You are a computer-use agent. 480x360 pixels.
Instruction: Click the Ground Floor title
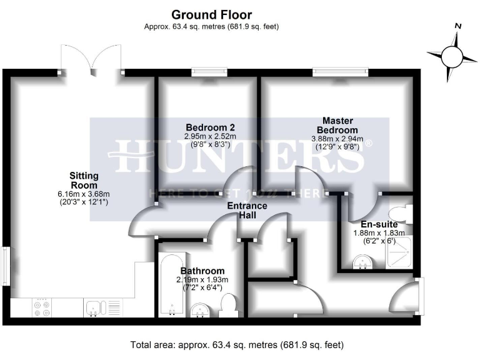[212, 14]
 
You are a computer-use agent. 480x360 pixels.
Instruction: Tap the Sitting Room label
[83, 181]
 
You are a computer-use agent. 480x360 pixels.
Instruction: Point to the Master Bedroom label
[337, 125]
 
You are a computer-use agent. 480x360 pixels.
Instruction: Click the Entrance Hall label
[247, 210]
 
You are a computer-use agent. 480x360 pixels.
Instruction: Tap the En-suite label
[379, 224]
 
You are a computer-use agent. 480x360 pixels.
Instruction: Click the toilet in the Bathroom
[229, 306]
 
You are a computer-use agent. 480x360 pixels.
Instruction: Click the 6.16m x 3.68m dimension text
[83, 194]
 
